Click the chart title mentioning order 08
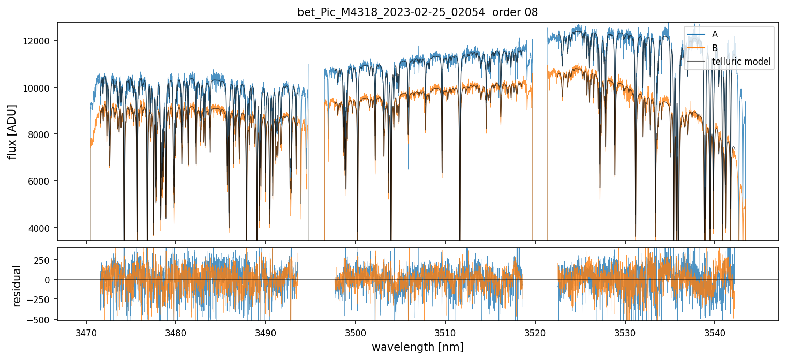click(417, 12)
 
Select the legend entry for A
click(715, 34)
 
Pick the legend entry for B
click(715, 48)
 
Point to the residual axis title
click(17, 286)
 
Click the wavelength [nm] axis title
click(417, 347)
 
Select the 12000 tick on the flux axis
click(39, 41)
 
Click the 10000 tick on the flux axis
click(39, 88)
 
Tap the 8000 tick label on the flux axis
click(41, 134)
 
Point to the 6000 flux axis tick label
click(41, 181)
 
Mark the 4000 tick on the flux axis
click(41, 228)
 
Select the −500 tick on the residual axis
click(41, 319)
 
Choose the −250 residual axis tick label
click(41, 299)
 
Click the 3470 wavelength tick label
click(86, 332)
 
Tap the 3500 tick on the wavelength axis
click(356, 332)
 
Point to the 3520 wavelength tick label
click(535, 332)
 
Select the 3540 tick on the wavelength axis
click(715, 332)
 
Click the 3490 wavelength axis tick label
click(266, 332)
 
